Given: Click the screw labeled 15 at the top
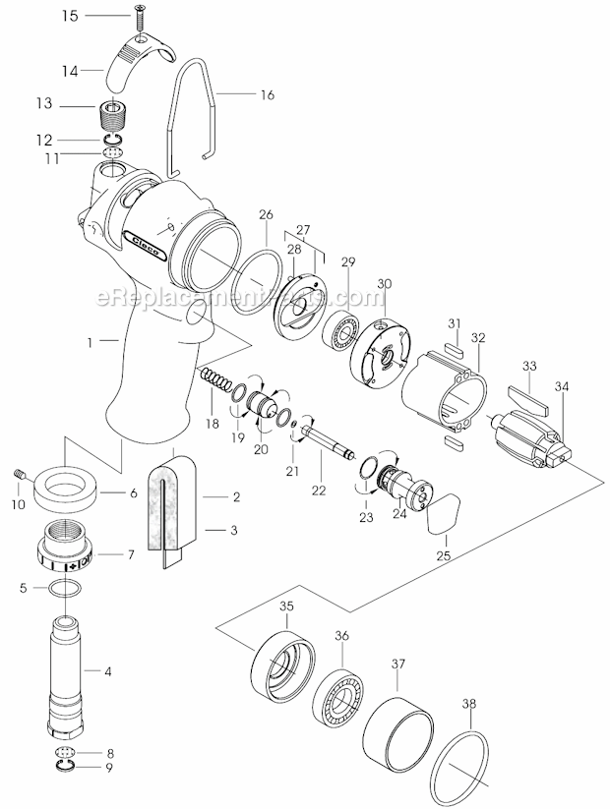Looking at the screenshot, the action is pyautogui.click(x=140, y=17).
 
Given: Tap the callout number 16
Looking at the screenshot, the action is pyautogui.click(x=268, y=95).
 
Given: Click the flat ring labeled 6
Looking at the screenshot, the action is pyautogui.click(x=67, y=489).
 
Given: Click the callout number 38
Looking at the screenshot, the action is pyautogui.click(x=469, y=704).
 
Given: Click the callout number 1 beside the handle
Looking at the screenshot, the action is pyautogui.click(x=90, y=342).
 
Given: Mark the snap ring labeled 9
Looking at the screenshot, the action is pyautogui.click(x=65, y=766).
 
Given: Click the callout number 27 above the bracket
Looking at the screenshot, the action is pyautogui.click(x=303, y=229).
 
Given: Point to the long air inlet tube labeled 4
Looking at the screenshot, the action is pyautogui.click(x=66, y=676).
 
